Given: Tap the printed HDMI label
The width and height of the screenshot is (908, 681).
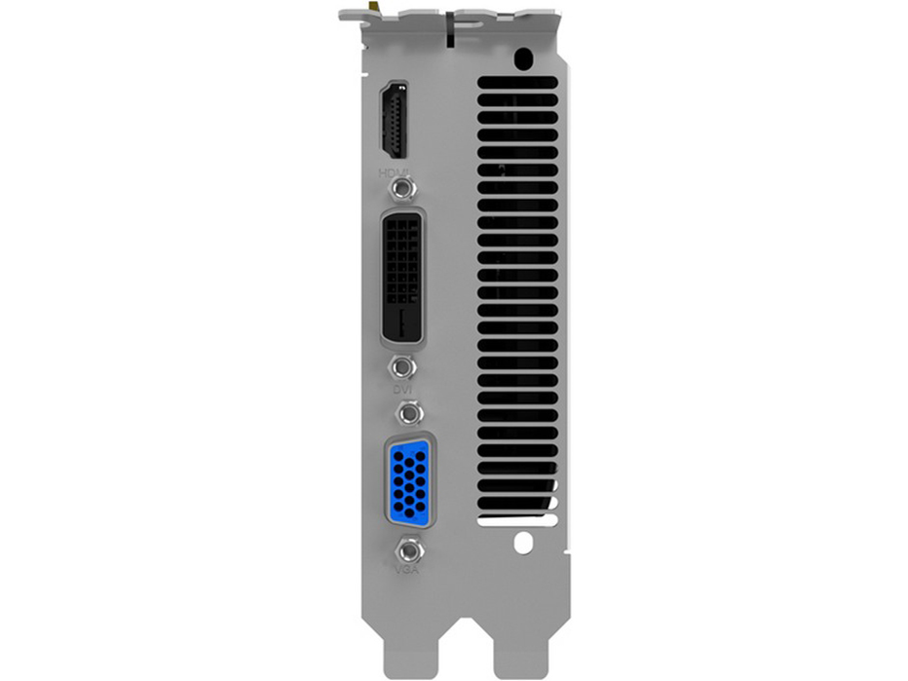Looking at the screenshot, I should tap(395, 173).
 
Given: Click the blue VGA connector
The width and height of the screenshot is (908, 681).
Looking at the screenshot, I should tap(409, 480).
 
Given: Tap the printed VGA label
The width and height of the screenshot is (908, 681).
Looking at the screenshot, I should tap(407, 570).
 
